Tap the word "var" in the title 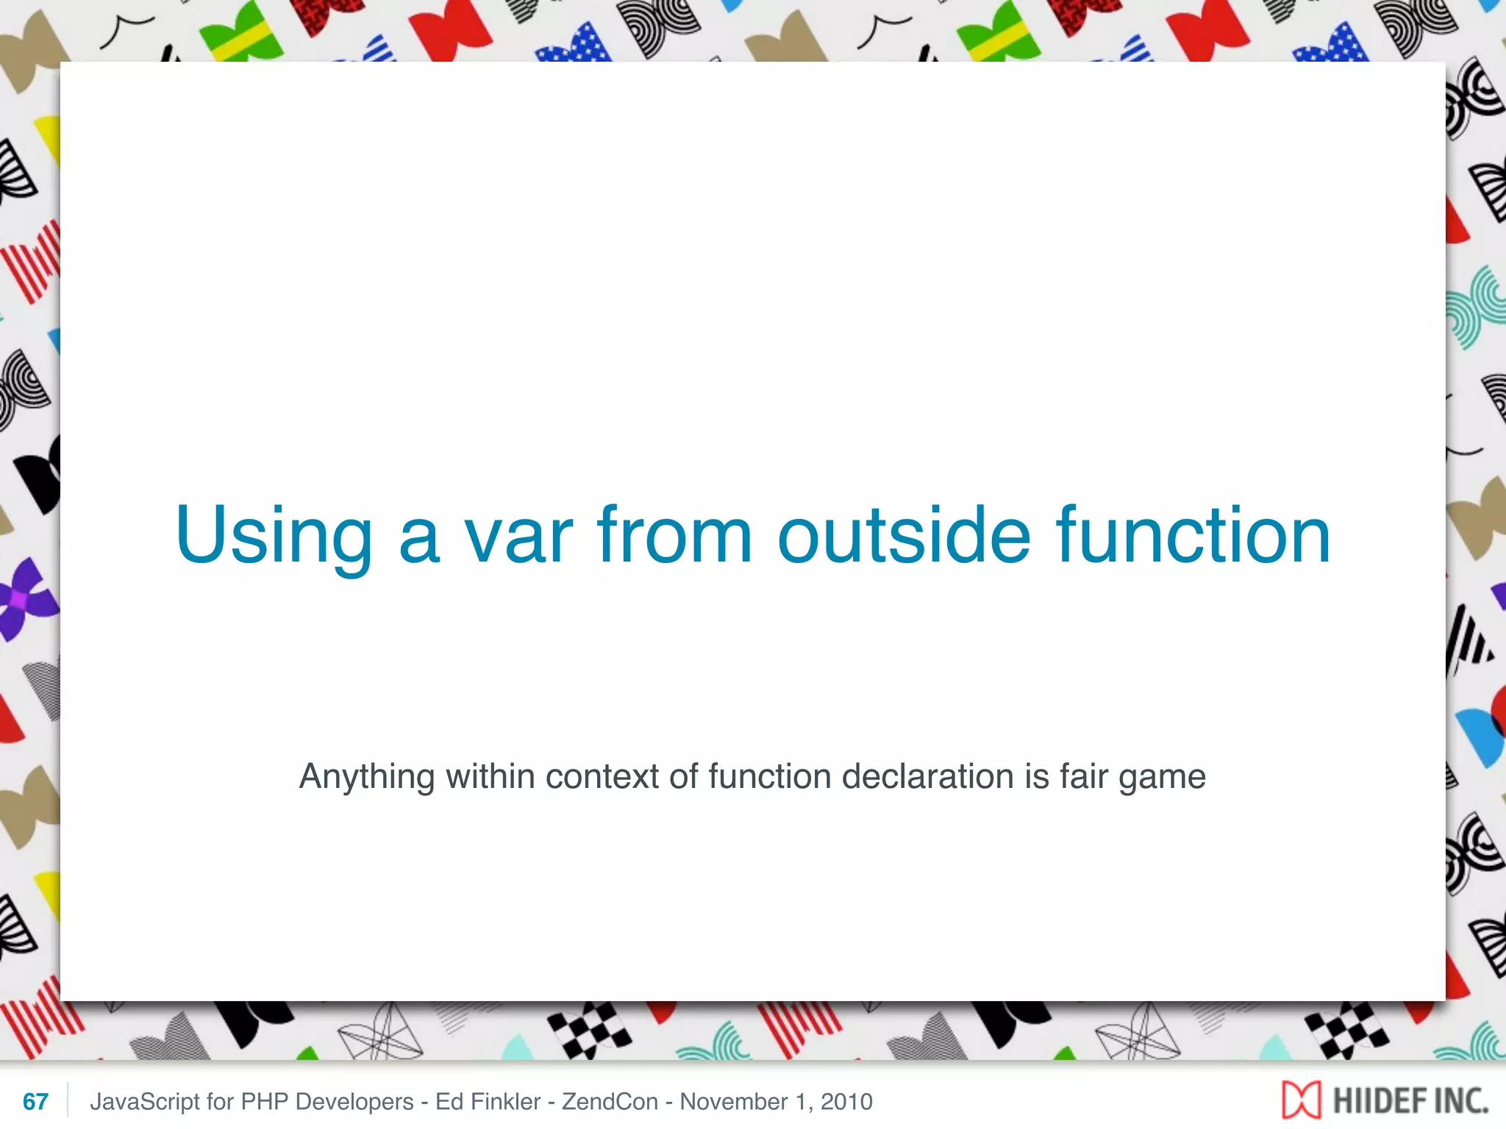pos(518,537)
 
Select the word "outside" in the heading pos(904,536)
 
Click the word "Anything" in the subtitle pos(367,778)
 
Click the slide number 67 pos(35,1101)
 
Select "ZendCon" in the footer pos(610,1101)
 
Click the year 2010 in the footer pos(846,1101)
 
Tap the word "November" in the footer pos(733,1101)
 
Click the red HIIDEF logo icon pos(1301,1100)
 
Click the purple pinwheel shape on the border pos(22,599)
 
